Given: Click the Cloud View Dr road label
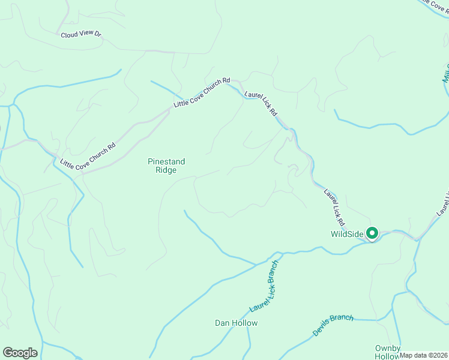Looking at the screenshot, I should [82, 35].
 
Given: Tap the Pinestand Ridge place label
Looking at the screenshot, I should [166, 166].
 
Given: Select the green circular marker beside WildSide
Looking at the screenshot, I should [372, 233].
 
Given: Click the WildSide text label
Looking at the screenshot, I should [348, 233].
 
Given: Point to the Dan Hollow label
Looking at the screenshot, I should [236, 323].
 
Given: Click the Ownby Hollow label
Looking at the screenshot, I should [387, 352].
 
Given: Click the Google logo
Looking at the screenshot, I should [20, 353].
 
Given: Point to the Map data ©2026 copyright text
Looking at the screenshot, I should [423, 355].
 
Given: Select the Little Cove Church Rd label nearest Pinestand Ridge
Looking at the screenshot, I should [88, 155].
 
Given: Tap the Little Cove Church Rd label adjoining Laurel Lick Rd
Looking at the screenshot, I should [202, 93].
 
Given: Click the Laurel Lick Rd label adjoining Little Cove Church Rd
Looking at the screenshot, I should [261, 103].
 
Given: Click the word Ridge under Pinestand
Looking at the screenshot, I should [166, 170].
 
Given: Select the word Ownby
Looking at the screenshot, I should [387, 348].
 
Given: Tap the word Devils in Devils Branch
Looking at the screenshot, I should [322, 329].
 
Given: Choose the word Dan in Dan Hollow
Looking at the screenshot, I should [221, 323].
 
